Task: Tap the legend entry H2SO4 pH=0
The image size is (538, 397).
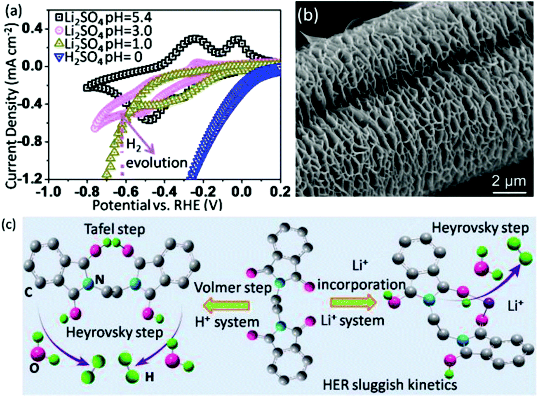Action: (99, 58)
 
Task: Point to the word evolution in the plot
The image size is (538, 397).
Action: (157, 163)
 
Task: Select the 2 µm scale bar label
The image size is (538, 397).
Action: (509, 181)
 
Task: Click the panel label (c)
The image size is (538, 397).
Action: (9, 225)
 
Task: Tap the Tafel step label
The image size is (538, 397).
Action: (115, 229)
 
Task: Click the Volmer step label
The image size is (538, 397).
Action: (233, 288)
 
